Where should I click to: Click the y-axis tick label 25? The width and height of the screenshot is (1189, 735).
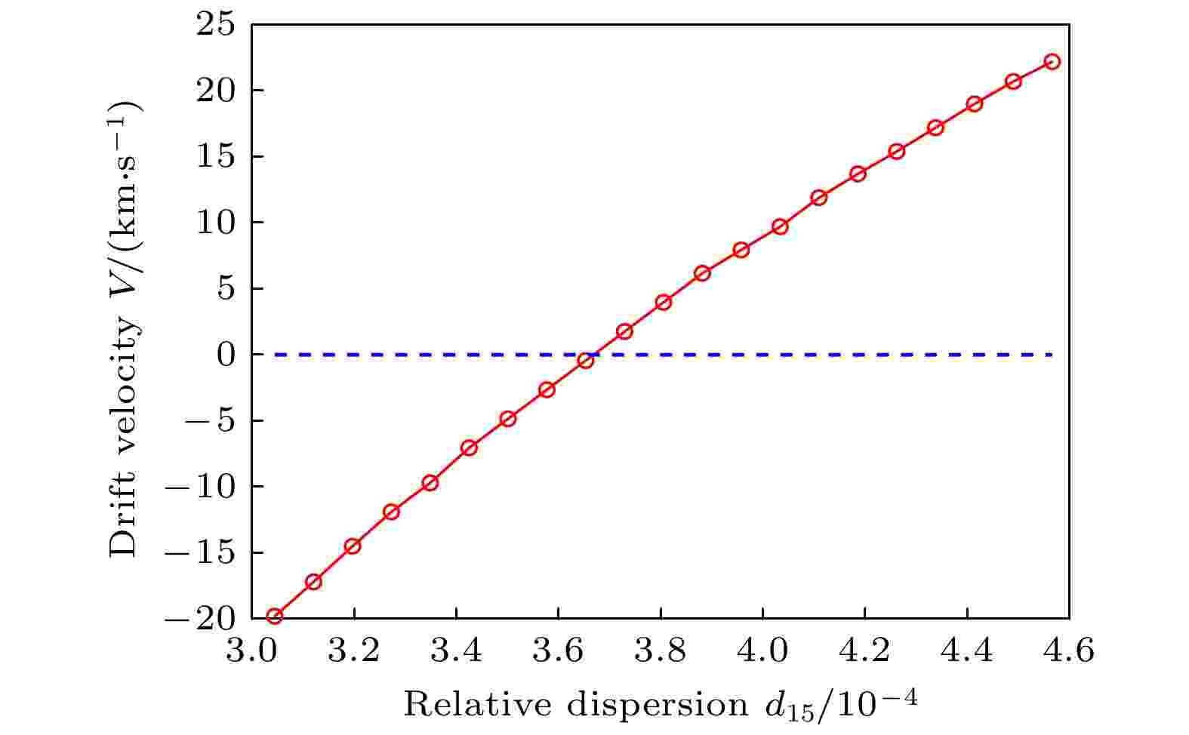(217, 26)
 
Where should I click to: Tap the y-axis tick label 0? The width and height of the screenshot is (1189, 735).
(226, 355)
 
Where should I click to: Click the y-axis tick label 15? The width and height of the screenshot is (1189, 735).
(217, 157)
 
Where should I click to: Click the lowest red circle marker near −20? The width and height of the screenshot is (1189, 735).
(275, 617)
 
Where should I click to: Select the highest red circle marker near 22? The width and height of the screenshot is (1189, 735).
(1052, 61)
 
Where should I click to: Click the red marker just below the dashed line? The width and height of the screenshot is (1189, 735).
(586, 361)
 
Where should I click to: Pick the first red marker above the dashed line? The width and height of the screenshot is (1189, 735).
(624, 331)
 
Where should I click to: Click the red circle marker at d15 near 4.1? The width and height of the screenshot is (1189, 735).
(819, 198)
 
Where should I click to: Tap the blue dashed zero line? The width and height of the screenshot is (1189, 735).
(830, 355)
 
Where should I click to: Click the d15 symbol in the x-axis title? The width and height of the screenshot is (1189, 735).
(781, 708)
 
